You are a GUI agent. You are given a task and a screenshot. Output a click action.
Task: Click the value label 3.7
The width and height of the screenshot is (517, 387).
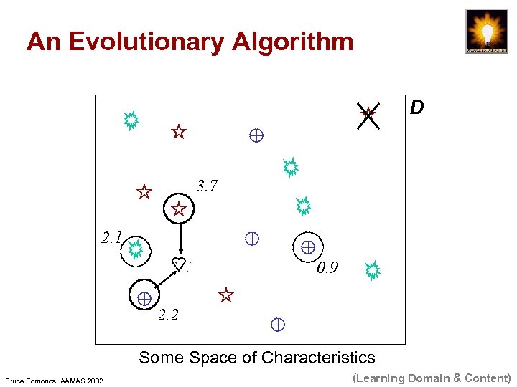click(x=207, y=186)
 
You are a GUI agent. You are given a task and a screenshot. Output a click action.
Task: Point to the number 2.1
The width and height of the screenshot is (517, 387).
click(x=111, y=238)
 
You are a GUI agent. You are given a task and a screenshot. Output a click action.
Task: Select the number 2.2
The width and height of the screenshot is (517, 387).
click(x=167, y=315)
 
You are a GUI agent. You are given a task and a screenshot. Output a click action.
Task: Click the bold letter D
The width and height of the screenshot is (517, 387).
click(x=416, y=108)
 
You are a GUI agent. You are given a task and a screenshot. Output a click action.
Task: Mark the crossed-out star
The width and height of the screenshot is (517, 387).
click(x=368, y=114)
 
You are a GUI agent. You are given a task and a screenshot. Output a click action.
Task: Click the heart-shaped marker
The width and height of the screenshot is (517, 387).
click(x=179, y=263)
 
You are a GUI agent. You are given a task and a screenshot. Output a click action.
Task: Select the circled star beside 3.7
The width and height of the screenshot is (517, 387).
click(x=179, y=209)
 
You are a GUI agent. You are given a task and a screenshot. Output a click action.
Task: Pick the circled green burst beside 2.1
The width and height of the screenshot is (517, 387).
click(x=135, y=249)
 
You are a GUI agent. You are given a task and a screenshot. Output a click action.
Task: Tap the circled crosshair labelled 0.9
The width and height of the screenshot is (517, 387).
click(x=308, y=247)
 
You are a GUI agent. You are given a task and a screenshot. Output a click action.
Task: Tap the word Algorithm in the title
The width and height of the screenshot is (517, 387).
click(x=293, y=42)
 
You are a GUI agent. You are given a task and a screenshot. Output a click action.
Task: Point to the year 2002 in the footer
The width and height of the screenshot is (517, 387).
click(x=95, y=380)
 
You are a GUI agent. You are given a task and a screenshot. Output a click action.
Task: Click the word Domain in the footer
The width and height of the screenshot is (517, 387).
click(x=427, y=378)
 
